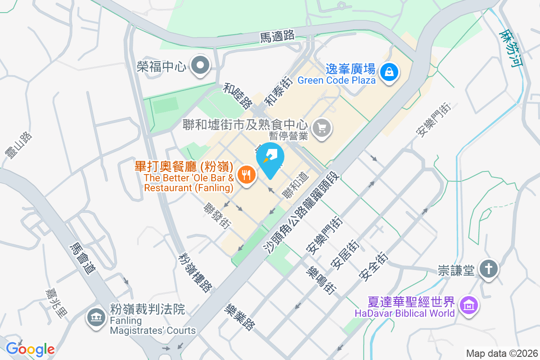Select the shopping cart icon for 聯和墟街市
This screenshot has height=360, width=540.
[322, 129]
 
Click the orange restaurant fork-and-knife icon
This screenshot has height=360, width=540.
[246, 174]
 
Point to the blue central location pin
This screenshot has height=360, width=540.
[270, 159]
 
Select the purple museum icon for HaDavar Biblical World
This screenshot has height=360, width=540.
[469, 306]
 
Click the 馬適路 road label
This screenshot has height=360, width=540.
[277, 36]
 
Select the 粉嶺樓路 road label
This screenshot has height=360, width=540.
[195, 273]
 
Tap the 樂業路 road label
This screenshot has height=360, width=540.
[239, 316]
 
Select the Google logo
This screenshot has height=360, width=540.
[30, 349]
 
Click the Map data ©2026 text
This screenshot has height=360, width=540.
[501, 353]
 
